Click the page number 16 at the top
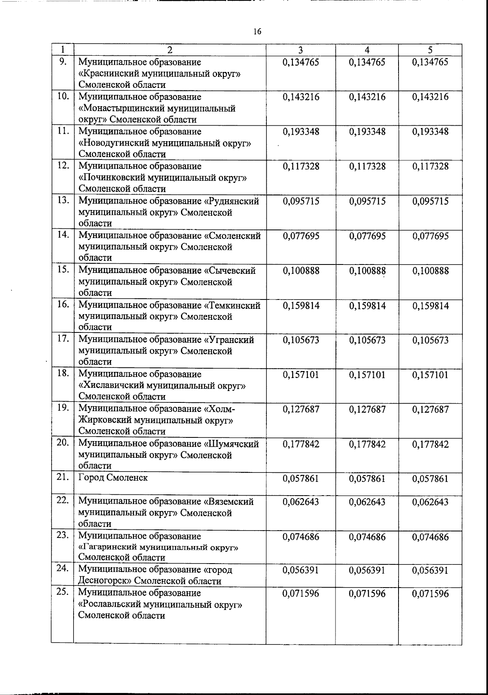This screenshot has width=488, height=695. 257,32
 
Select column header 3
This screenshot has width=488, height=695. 301,50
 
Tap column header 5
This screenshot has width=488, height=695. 430,50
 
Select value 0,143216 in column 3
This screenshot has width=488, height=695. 301,97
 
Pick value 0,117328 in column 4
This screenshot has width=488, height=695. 367,166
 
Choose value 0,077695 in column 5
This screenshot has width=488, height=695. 431,236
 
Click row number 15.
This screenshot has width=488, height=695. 63,270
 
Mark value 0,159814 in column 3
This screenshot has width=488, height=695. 301,306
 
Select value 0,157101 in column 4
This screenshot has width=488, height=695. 367,375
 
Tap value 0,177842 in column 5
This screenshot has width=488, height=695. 431,444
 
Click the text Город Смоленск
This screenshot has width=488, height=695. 113,478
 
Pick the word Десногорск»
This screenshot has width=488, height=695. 105,581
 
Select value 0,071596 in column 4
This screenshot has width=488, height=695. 367,594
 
